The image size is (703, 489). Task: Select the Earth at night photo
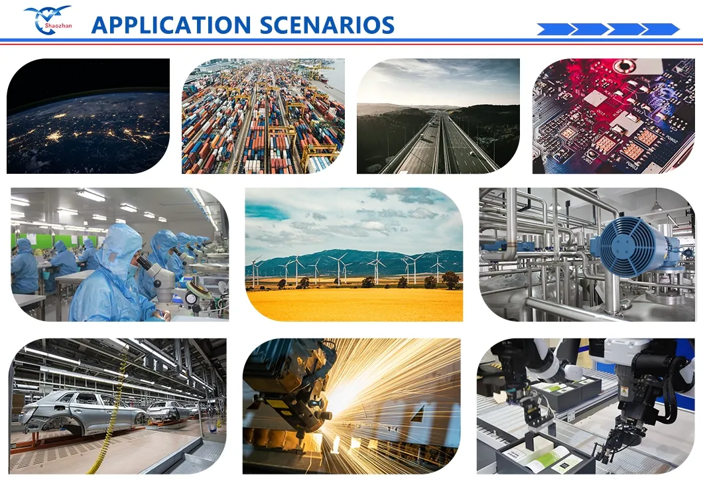tap(88, 116)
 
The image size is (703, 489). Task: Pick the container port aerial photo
tap(263, 116)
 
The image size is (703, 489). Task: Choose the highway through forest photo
tap(438, 116)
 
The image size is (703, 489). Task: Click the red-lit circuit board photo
tap(613, 116)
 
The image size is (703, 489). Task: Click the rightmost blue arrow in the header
tap(660, 29)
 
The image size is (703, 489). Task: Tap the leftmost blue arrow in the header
tap(554, 29)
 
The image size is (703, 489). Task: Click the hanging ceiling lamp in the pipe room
tap(656, 206)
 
